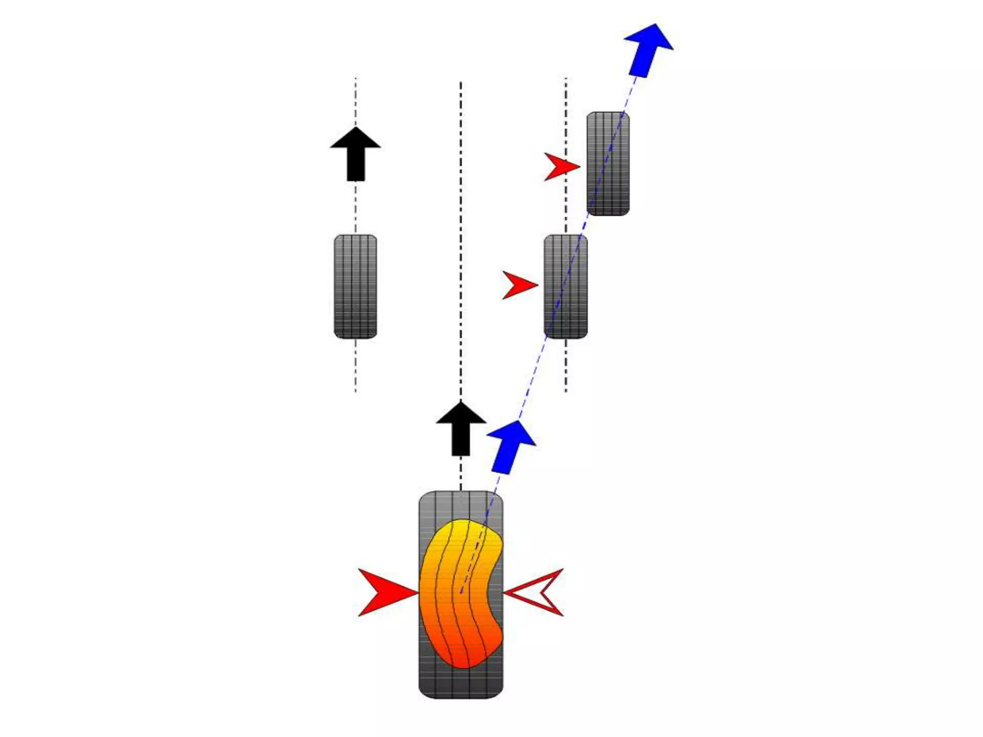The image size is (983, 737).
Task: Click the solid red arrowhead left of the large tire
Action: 384,592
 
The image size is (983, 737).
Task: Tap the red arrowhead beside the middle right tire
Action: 518,285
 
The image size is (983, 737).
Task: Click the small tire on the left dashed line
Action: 355,286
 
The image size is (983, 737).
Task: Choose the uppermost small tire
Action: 608,164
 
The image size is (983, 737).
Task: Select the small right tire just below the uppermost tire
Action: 565,286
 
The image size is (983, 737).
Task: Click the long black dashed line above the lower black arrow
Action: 461,240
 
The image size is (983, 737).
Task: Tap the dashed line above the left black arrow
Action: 355,101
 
